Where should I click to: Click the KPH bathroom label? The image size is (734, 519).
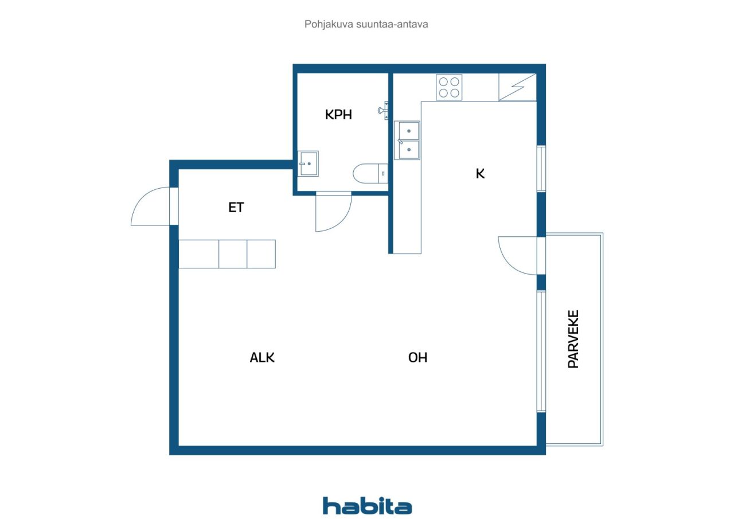click(338, 115)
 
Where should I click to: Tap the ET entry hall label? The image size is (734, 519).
click(236, 208)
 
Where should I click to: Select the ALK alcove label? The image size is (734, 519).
click(262, 357)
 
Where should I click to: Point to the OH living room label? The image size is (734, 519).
click(417, 357)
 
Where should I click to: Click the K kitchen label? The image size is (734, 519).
click(481, 173)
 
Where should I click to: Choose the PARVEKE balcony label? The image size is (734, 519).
click(573, 339)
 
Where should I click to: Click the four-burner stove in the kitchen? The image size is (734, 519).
click(449, 88)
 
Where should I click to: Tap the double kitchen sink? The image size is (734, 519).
click(408, 140)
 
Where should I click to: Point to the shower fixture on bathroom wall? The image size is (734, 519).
click(383, 110)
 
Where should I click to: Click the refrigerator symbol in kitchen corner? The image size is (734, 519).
click(517, 88)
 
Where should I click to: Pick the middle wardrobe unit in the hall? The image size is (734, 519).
click(233, 254)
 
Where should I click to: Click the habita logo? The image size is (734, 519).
click(367, 505)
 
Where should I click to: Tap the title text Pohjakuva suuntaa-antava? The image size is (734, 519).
click(366, 25)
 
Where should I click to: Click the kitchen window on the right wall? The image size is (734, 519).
click(541, 169)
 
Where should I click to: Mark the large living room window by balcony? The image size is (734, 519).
click(541, 351)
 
